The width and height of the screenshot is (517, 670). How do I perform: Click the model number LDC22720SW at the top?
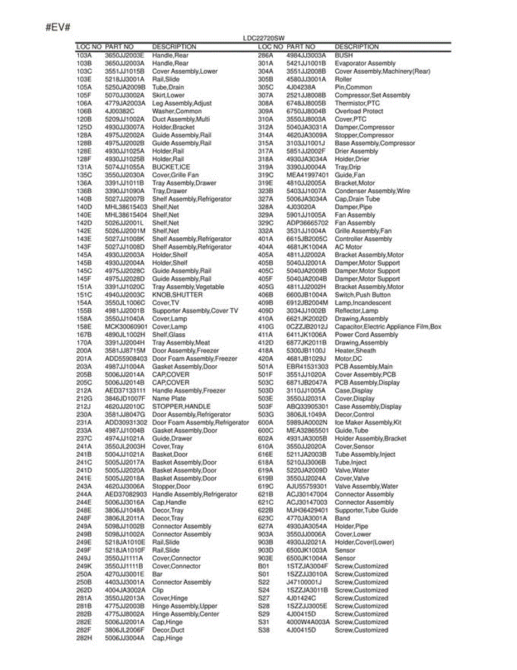(260, 38)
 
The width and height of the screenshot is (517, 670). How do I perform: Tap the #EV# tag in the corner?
(57, 27)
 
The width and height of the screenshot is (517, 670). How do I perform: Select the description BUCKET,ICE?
(171, 167)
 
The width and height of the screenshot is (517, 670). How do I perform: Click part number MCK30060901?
(126, 327)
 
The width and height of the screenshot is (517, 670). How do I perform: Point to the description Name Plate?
(169, 399)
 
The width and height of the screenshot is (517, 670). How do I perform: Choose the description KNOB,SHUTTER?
(177, 295)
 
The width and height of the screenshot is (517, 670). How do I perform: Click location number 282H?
(84, 638)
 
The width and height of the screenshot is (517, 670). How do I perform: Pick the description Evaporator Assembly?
(365, 64)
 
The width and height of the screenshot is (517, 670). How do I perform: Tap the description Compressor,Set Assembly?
(372, 95)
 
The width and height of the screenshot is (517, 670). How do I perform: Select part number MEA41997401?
(307, 175)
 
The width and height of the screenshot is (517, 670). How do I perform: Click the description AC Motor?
(348, 247)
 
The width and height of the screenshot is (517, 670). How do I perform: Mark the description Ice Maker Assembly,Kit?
(368, 423)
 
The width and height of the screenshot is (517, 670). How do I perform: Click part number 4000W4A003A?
(308, 622)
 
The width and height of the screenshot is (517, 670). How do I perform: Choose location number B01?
(263, 566)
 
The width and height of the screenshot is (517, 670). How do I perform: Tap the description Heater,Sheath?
(355, 351)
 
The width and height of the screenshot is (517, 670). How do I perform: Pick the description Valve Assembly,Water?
(366, 486)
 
